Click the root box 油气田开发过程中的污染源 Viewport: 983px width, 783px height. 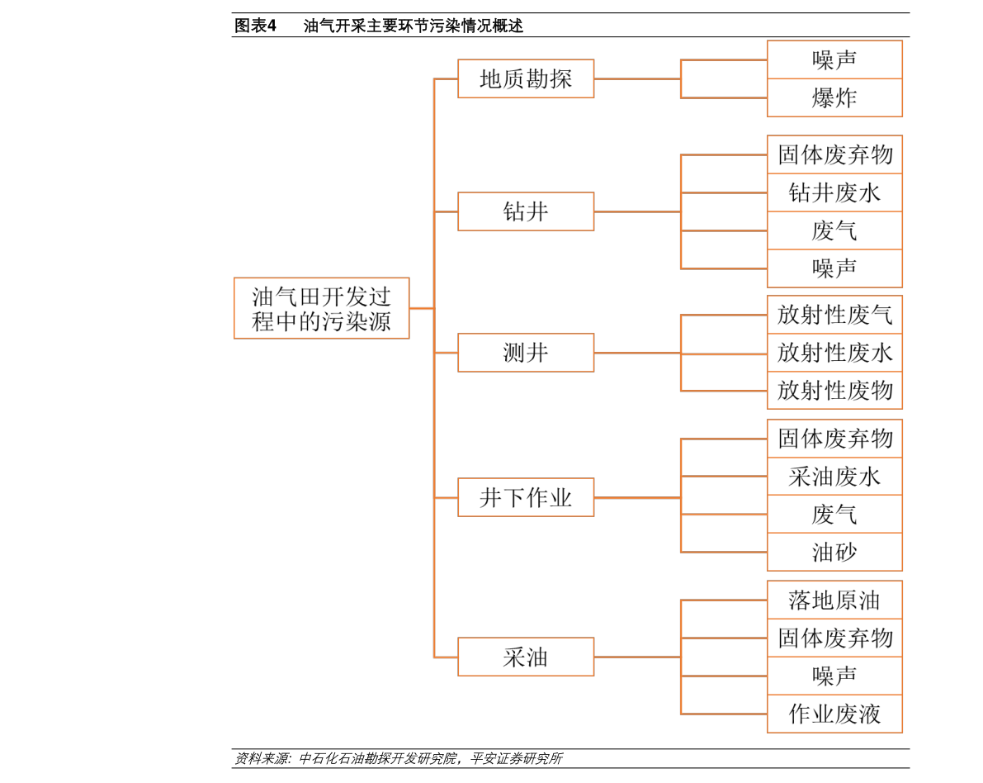point(322,308)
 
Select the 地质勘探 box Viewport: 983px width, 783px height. point(526,78)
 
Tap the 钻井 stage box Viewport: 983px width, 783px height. point(526,211)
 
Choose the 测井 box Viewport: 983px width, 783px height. point(526,353)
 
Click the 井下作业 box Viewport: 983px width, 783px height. point(526,497)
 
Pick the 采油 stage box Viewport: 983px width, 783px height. point(526,657)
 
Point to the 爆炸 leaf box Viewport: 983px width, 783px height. point(834,97)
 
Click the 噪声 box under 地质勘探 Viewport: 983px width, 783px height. point(834,59)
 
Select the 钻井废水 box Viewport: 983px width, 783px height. point(834,192)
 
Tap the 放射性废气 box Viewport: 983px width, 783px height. point(834,315)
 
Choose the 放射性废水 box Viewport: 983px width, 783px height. point(834,353)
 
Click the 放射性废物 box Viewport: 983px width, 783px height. point(834,390)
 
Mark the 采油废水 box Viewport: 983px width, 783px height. point(834,477)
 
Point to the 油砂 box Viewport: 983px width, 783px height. point(834,552)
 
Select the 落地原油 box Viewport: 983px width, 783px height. point(834,600)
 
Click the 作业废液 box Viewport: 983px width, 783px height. point(834,714)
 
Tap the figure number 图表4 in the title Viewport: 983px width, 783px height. point(255,26)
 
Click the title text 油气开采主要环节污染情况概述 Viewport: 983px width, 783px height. point(414,26)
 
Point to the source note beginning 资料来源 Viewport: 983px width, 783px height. point(399,758)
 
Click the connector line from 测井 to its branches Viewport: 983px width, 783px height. point(637,353)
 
